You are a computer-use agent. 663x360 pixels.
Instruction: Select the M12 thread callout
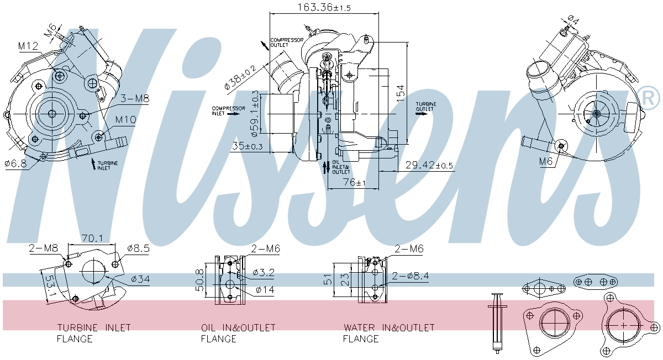click(28, 46)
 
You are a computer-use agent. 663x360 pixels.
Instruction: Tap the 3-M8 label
click(135, 99)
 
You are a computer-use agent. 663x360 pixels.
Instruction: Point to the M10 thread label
click(126, 119)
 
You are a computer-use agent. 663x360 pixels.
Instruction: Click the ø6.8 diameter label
click(15, 164)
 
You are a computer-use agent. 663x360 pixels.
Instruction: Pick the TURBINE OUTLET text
click(425, 107)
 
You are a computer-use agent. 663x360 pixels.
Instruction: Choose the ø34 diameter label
click(140, 279)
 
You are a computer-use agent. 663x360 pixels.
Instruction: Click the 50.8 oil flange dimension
click(201, 280)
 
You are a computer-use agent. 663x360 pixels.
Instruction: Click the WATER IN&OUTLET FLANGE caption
click(388, 333)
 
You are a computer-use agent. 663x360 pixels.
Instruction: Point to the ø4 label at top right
click(573, 21)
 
